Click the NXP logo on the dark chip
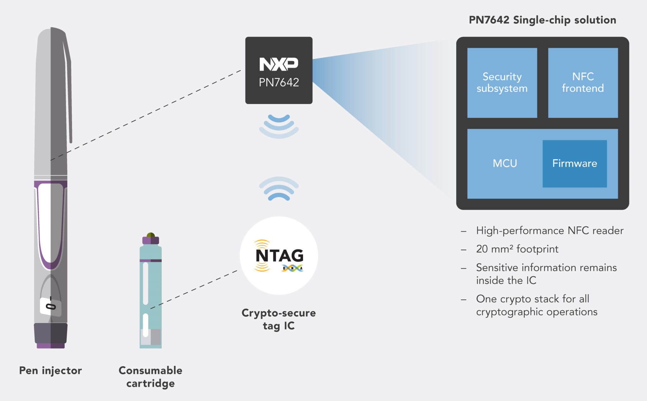[279, 64]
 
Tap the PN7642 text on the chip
[279, 82]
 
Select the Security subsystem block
[502, 82]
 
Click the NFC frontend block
[583, 82]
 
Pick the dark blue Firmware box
[574, 163]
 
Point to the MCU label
[505, 163]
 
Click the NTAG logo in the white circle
[279, 255]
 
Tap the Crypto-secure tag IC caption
[279, 319]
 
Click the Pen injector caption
[51, 370]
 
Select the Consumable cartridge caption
[150, 377]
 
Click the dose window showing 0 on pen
[51, 306]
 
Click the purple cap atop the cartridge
[151, 240]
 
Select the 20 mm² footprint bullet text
[517, 249]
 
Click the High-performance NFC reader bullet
[550, 231]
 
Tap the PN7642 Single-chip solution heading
[542, 20]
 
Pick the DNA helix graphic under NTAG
[293, 268]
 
